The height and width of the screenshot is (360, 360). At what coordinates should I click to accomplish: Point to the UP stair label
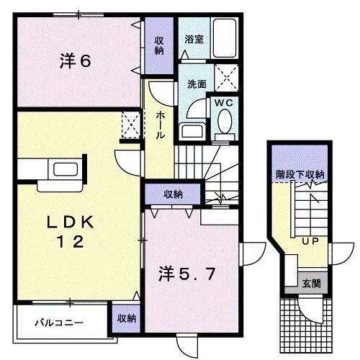click(x=310, y=240)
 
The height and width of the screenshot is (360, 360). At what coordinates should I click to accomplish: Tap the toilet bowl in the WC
click(x=224, y=124)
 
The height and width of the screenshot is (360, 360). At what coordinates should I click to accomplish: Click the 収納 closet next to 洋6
click(x=158, y=45)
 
